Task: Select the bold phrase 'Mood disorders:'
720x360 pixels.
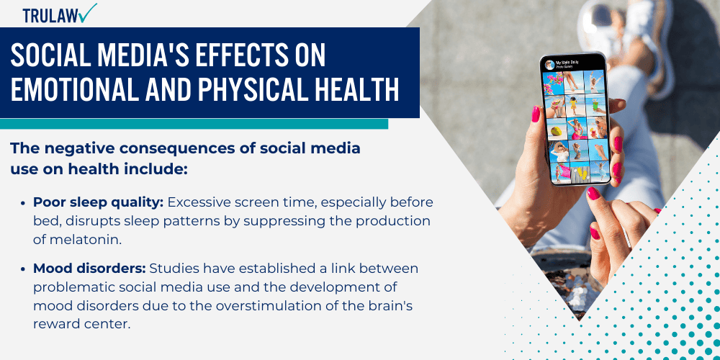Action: pos(89,269)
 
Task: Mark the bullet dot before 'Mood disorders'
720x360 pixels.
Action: pos(26,269)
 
